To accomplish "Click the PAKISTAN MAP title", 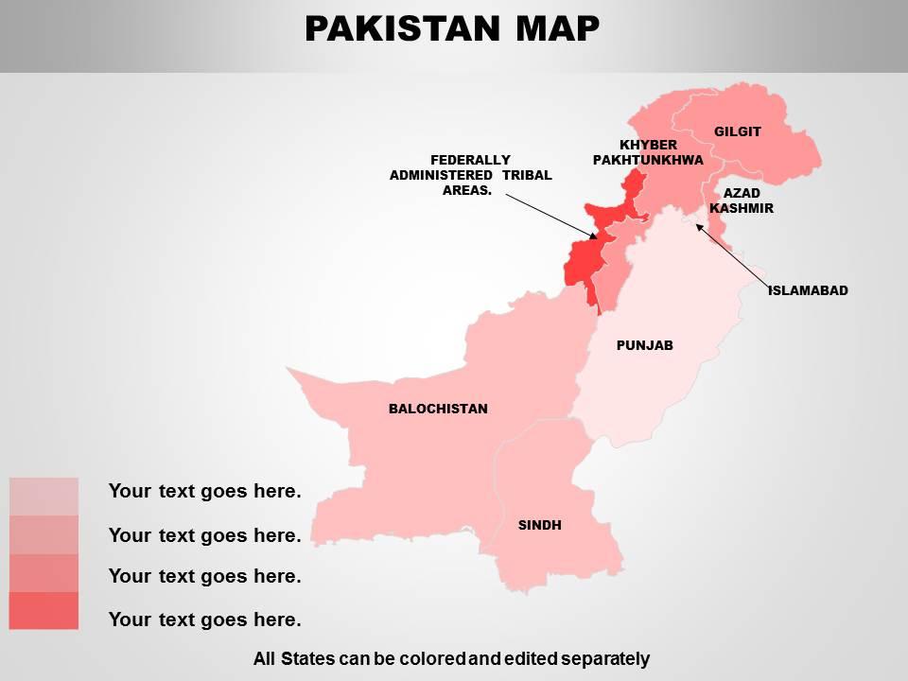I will (452, 29).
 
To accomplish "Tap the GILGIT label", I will (737, 131).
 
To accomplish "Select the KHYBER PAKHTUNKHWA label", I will (648, 152).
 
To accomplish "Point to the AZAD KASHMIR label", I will (742, 201).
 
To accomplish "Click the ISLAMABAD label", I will (808, 290).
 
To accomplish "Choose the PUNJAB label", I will (644, 345).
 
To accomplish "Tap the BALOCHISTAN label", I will (438, 409).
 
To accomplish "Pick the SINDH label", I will (539, 525).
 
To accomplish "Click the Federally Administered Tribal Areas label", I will (470, 175).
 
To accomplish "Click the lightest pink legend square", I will (44, 496).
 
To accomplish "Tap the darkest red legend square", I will (44, 611).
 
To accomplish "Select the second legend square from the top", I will (44, 534).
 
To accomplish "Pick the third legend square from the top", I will (44, 573).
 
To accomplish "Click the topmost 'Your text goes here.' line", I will (204, 491).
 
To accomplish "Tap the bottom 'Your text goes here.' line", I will (204, 620).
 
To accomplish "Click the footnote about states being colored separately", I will (451, 658).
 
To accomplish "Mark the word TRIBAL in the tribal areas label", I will (526, 175).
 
